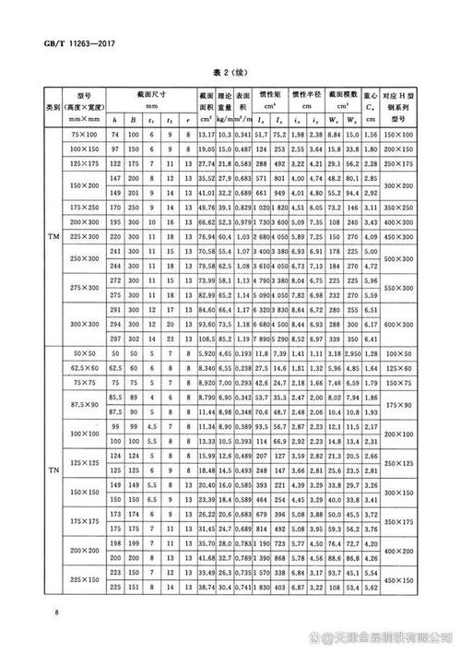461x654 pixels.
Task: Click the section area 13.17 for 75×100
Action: point(206,136)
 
